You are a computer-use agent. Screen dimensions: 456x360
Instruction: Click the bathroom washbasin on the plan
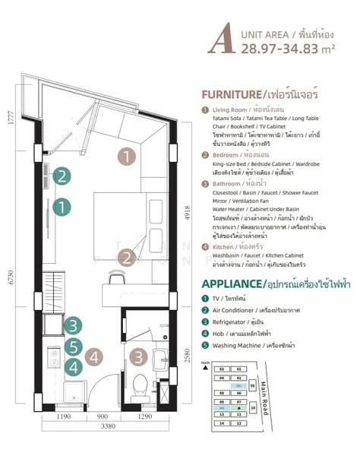tap(161, 357)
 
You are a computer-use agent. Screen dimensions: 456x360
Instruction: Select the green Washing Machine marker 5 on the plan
tap(72, 347)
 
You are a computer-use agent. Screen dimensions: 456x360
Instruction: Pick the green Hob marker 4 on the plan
tap(72, 367)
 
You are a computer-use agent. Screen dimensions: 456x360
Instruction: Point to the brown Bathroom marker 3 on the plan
tap(139, 356)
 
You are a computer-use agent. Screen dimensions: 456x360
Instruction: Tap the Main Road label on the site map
tap(267, 397)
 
